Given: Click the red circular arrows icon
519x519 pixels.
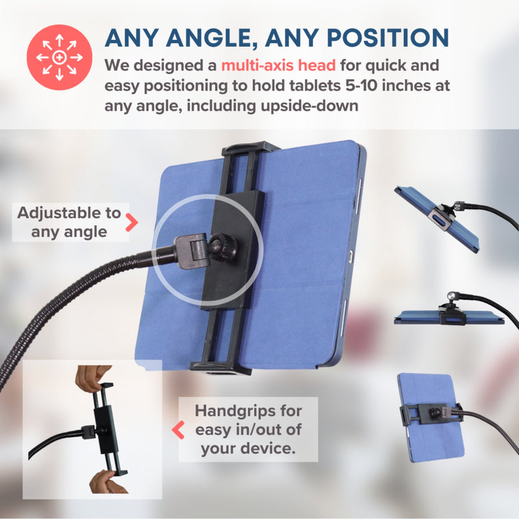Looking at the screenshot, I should [59, 57].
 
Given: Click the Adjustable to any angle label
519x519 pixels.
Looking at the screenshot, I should [69, 222].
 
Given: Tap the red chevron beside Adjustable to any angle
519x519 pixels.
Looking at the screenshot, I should [132, 222].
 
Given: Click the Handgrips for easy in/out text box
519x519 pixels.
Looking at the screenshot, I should [248, 429].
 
